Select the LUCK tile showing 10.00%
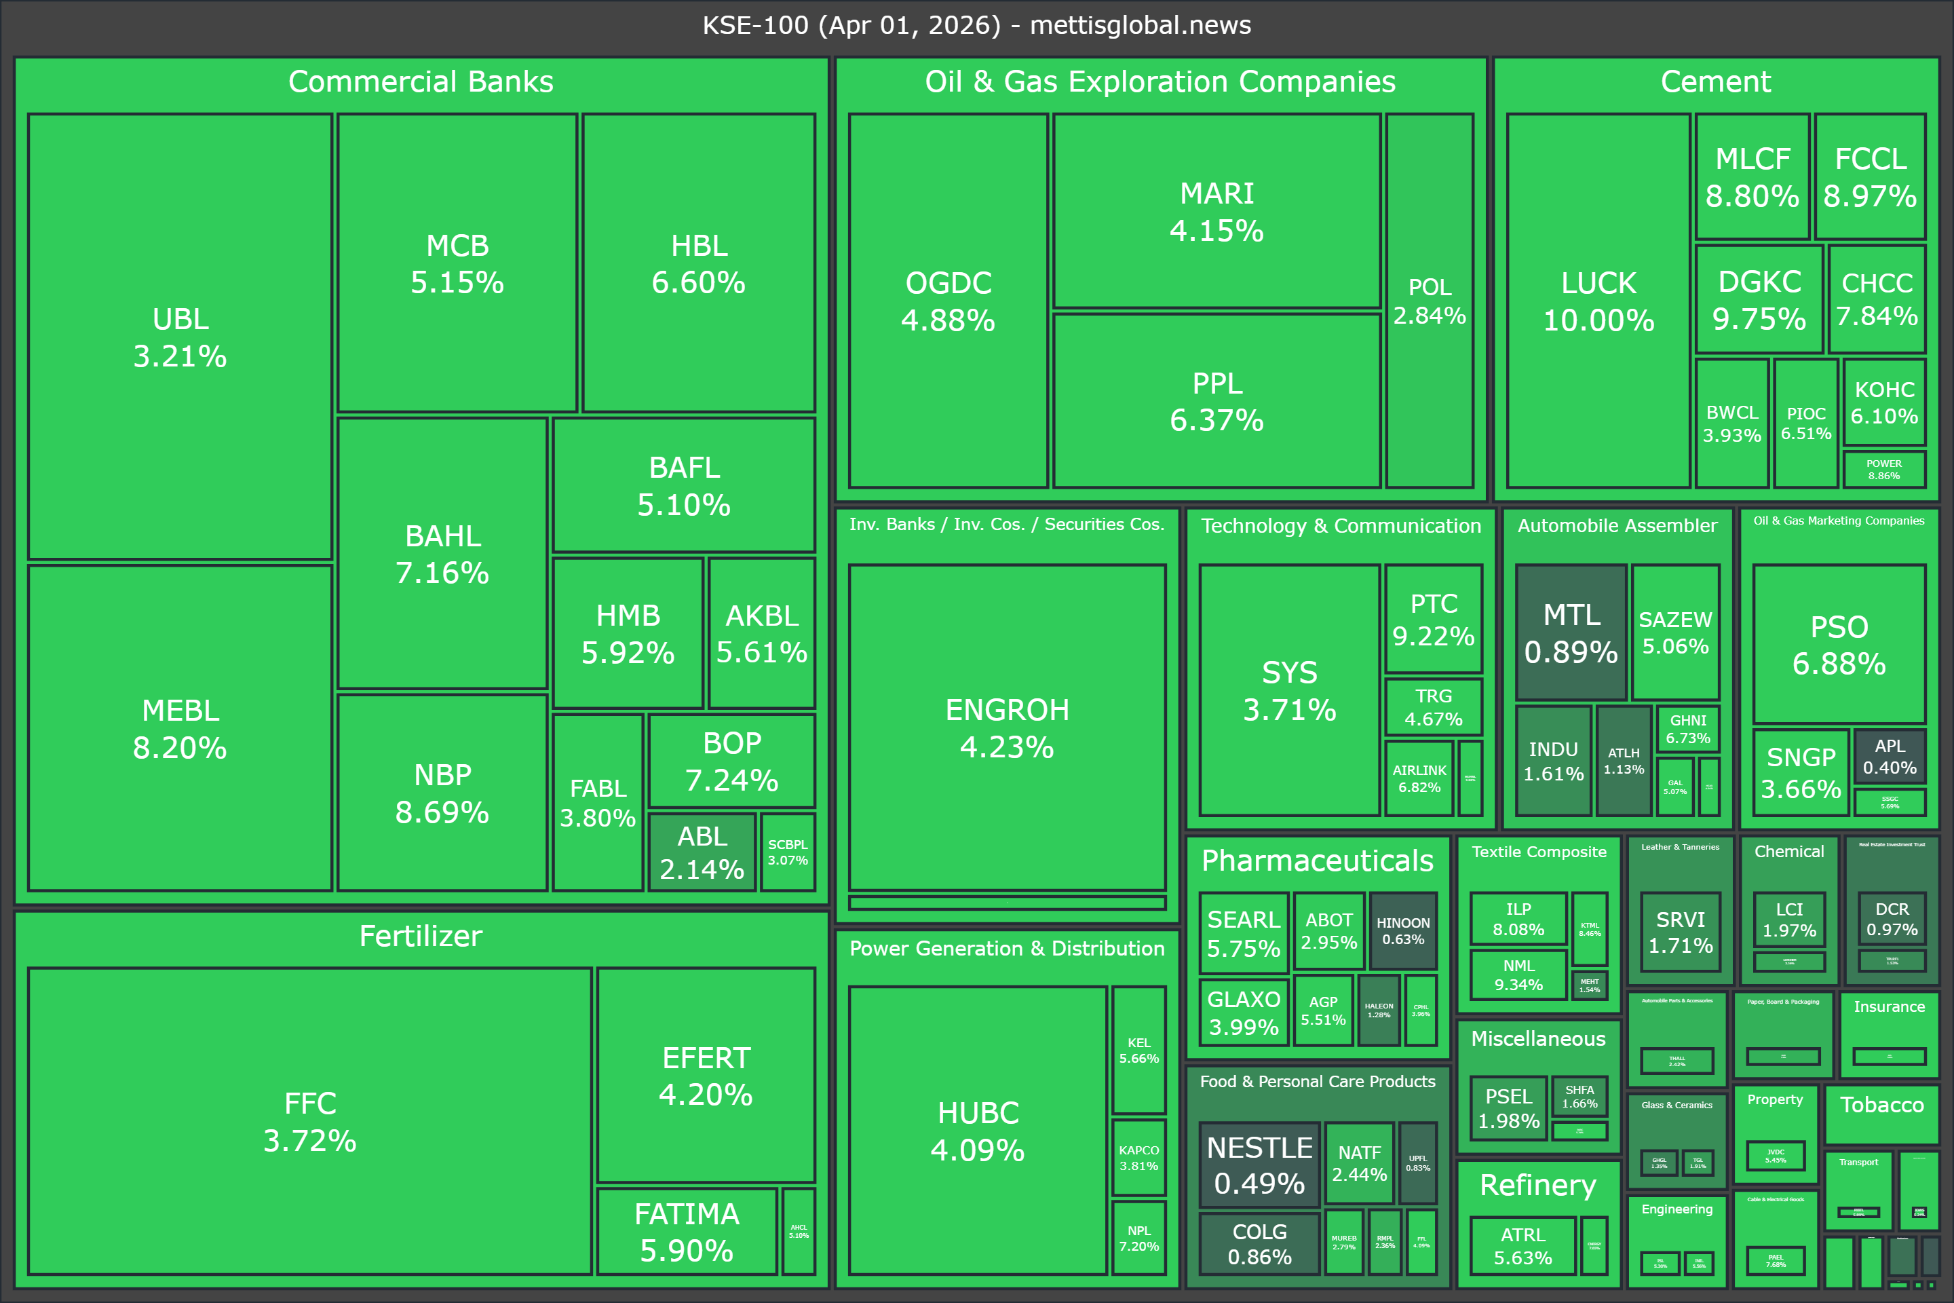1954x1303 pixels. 1598,300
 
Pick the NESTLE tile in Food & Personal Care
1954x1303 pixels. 1259,1165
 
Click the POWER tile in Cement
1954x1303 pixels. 1883,470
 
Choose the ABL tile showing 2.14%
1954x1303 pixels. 702,852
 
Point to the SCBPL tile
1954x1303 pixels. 788,852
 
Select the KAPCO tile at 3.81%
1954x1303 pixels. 1138,1156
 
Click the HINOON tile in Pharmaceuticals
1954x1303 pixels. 1402,930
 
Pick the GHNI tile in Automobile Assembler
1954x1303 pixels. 1687,729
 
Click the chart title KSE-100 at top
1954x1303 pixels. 977,25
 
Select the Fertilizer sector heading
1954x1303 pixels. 421,937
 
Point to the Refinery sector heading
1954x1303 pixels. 1538,1185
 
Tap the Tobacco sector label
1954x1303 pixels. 1881,1104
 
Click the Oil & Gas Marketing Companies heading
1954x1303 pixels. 1839,521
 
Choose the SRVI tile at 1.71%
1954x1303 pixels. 1680,932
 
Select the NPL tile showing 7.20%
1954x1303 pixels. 1138,1238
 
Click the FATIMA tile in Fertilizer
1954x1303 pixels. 686,1232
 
